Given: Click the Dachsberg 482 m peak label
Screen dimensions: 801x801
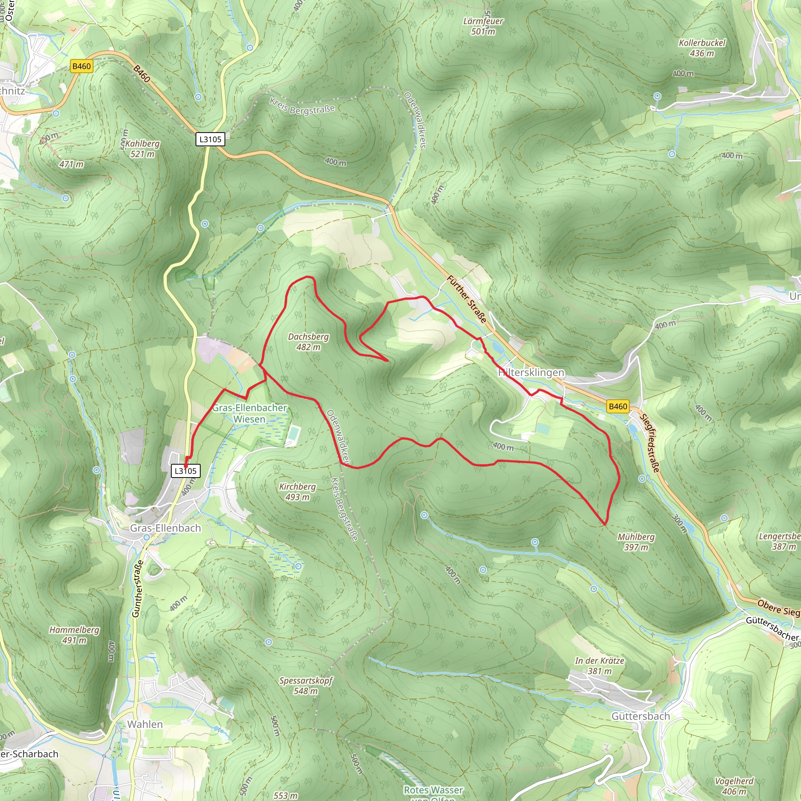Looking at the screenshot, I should pyautogui.click(x=308, y=341).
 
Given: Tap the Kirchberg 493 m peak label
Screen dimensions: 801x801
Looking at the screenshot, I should pyautogui.click(x=297, y=491).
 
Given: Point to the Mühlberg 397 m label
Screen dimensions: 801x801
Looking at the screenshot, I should pyautogui.click(x=636, y=542).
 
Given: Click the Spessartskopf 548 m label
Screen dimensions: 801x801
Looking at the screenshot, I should pyautogui.click(x=305, y=686).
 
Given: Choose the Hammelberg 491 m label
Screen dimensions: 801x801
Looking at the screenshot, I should pyautogui.click(x=75, y=635).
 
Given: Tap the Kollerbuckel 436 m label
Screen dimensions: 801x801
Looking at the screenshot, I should pyautogui.click(x=702, y=48).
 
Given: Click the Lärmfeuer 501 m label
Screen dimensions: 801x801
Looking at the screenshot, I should pyautogui.click(x=483, y=26).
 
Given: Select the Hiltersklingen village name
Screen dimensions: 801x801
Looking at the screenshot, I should pyautogui.click(x=531, y=372).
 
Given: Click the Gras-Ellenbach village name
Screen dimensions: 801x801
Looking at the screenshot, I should pyautogui.click(x=165, y=528).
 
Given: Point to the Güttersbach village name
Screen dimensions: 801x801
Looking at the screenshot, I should pyautogui.click(x=641, y=716).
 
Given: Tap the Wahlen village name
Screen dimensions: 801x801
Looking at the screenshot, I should pyautogui.click(x=145, y=724).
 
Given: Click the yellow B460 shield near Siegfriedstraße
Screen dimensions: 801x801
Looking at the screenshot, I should pyautogui.click(x=618, y=406).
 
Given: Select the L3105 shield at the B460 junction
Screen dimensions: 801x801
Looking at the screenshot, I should pyautogui.click(x=210, y=139).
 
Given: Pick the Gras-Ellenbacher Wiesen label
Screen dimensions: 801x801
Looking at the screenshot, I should pyautogui.click(x=250, y=413).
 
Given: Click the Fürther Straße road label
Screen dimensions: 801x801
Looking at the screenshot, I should pyautogui.click(x=467, y=299).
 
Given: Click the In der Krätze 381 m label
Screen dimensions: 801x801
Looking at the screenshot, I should pyautogui.click(x=600, y=666).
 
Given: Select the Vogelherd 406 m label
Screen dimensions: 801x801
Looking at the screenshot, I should pyautogui.click(x=734, y=786).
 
